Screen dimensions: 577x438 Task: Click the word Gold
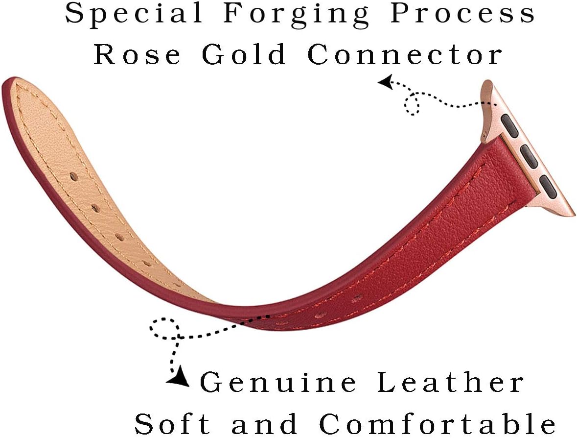pyautogui.click(x=244, y=54)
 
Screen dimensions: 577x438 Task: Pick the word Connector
pyautogui.click(x=405, y=54)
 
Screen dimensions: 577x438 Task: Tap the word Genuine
pyautogui.click(x=278, y=382)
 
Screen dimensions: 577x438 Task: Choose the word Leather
pyautogui.click(x=450, y=382)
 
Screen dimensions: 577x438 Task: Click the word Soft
pyautogui.click(x=172, y=423)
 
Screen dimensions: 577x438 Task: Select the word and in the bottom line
pyautogui.click(x=264, y=423)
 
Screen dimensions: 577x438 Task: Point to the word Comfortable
pyautogui.click(x=437, y=423)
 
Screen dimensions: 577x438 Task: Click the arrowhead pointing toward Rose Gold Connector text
pyautogui.click(x=385, y=82)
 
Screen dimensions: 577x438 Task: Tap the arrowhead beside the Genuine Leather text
pyautogui.click(x=179, y=377)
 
